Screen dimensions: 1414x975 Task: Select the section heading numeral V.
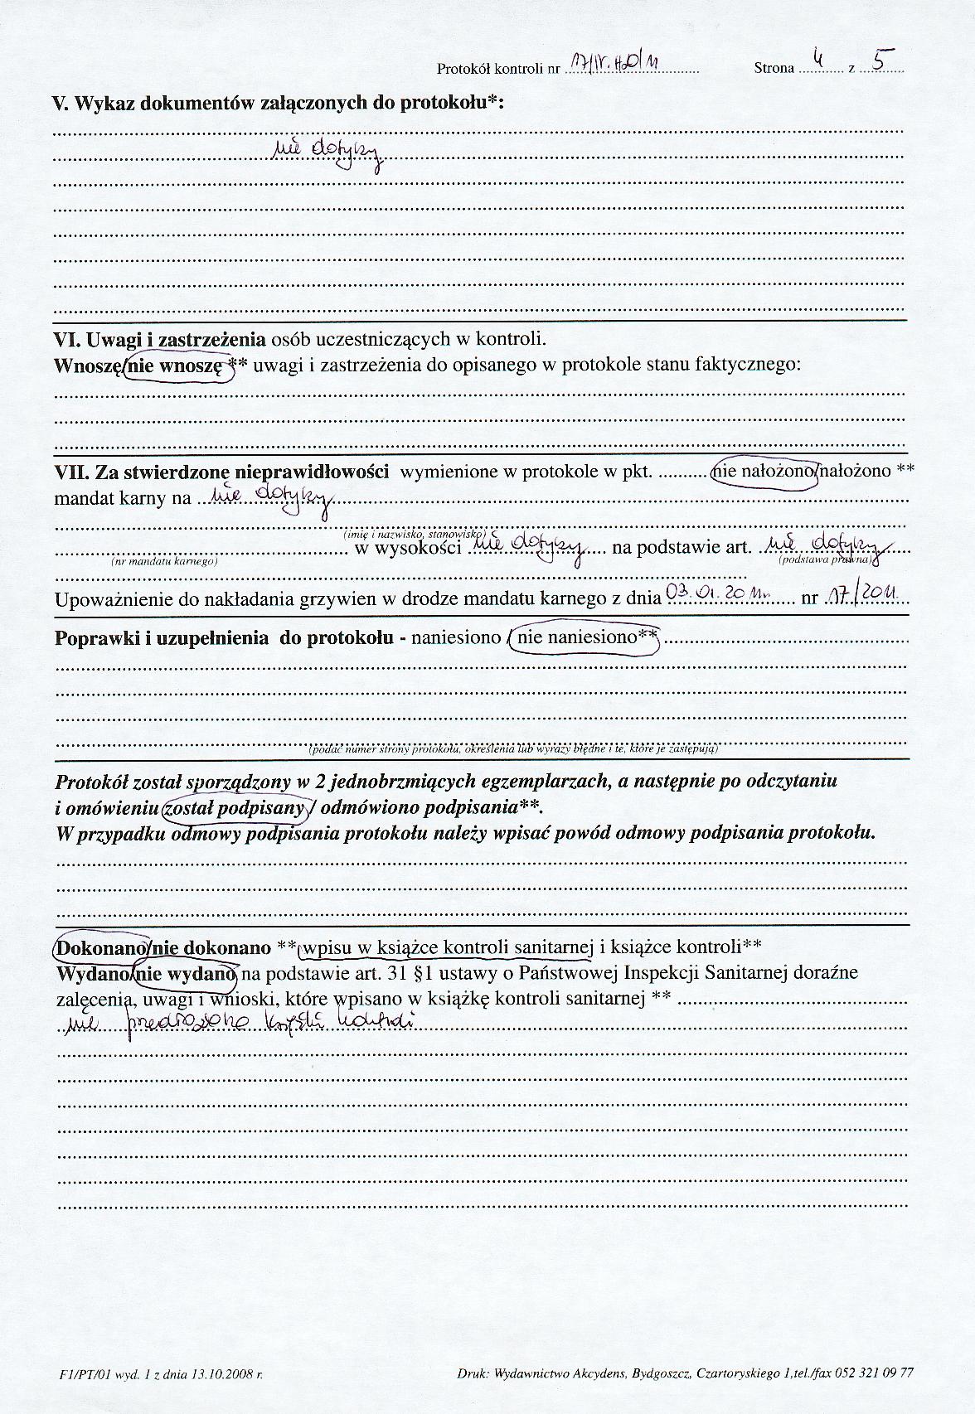[x=58, y=104]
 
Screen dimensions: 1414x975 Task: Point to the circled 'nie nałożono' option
[x=768, y=472]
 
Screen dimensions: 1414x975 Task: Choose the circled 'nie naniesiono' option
[x=585, y=639]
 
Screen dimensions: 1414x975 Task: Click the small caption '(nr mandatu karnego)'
[x=163, y=561]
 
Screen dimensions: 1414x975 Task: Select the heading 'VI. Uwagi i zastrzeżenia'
[x=160, y=339]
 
